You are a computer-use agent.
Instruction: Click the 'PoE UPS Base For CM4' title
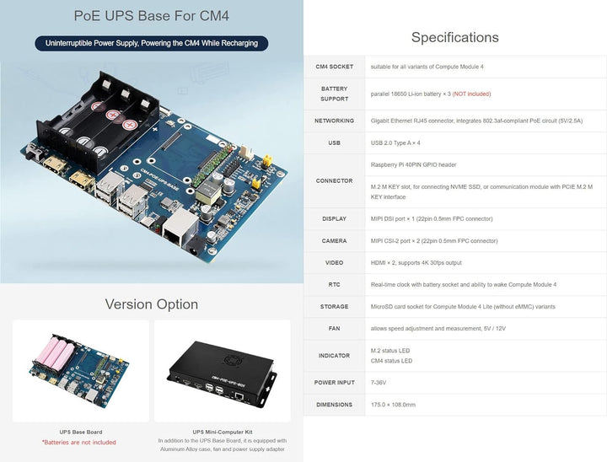tap(152, 15)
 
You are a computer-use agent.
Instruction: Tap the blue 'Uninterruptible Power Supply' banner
tap(152, 42)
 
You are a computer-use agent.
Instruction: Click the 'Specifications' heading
tap(454, 37)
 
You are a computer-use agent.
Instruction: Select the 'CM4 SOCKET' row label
tap(334, 67)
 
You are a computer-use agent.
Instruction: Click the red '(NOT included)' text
tap(471, 94)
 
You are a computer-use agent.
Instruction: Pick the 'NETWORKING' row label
tap(334, 121)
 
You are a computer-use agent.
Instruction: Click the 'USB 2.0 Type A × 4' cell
tap(395, 142)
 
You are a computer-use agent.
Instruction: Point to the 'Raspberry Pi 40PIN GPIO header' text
tap(413, 164)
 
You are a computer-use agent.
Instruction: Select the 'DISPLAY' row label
tap(334, 218)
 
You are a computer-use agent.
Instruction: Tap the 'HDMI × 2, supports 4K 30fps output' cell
tap(416, 262)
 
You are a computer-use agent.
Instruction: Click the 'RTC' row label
tap(334, 284)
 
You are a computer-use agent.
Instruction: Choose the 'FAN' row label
tap(334, 328)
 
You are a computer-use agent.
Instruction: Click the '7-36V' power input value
tap(379, 382)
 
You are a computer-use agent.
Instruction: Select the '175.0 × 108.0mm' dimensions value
tap(393, 405)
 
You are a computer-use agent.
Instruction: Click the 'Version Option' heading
tap(152, 304)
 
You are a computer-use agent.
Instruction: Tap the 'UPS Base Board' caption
tap(81, 432)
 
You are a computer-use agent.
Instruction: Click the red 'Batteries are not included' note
tap(79, 442)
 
